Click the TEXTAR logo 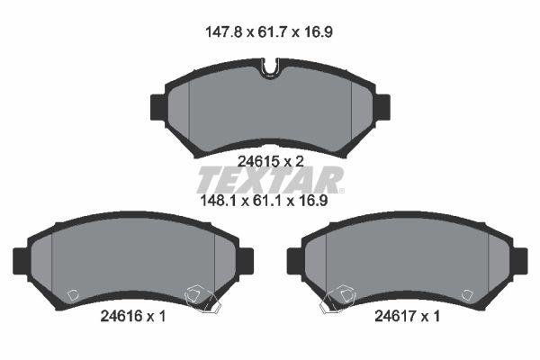click(x=270, y=179)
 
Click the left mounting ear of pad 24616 click(x=22, y=261)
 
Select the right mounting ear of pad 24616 click(x=245, y=261)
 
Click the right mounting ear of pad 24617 click(x=519, y=261)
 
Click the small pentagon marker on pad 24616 click(x=74, y=294)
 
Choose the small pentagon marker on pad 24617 click(x=466, y=294)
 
